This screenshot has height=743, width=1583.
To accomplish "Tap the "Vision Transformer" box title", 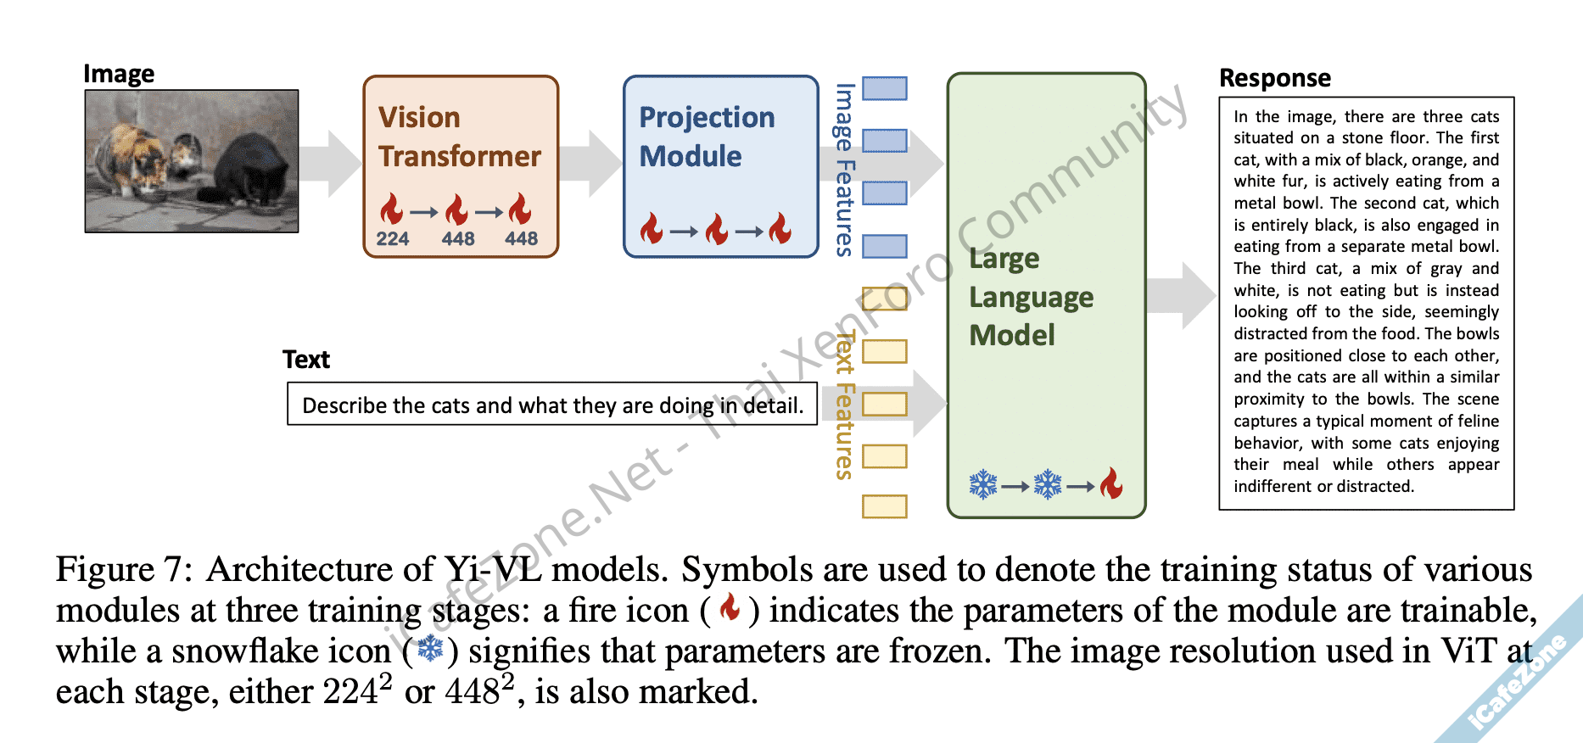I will [x=459, y=137].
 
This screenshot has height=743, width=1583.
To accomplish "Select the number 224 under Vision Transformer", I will [x=393, y=239].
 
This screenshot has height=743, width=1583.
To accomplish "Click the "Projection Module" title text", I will [x=706, y=137].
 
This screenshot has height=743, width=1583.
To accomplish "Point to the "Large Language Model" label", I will [x=1031, y=297].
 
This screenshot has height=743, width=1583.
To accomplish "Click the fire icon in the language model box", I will [x=1111, y=484].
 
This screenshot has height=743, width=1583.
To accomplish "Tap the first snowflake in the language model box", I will [x=983, y=485].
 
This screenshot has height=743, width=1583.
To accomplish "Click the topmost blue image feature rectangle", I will [x=885, y=88].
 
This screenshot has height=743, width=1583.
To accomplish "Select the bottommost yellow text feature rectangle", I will [x=885, y=506].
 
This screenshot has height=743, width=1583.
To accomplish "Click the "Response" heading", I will [x=1274, y=78].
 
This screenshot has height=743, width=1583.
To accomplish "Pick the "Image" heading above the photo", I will [x=119, y=74].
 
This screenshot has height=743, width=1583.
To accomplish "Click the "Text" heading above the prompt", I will [x=306, y=360].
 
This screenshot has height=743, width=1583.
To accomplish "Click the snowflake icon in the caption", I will [x=431, y=650].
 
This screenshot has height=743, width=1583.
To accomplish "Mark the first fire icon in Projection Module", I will [x=652, y=229].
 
